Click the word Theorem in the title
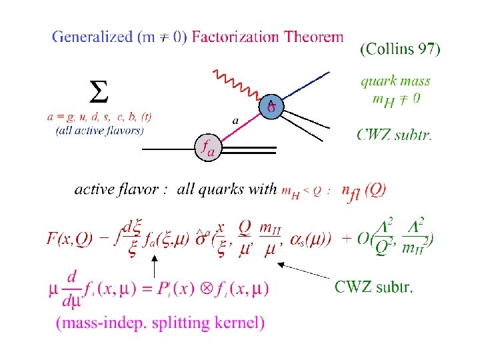[313, 37]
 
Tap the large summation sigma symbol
[99, 93]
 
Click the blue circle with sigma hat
[271, 105]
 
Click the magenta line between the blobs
[240, 127]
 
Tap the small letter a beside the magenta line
[235, 120]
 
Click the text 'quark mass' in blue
[395, 81]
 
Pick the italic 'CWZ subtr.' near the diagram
[394, 135]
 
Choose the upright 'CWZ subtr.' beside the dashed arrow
[373, 287]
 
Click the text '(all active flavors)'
[99, 130]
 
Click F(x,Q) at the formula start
[69, 238]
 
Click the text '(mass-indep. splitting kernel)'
[161, 323]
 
